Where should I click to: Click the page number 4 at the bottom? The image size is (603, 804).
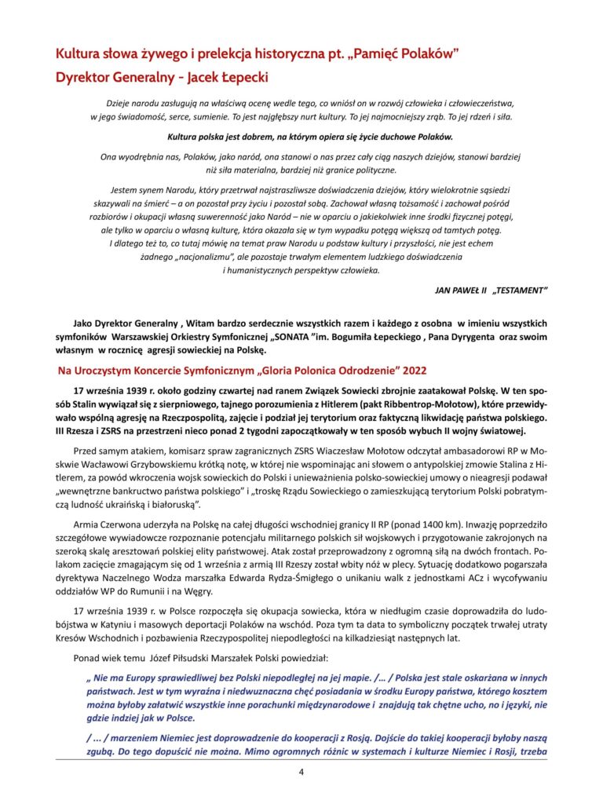coord(301,773)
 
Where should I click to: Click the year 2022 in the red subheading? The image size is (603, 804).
coord(412,370)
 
